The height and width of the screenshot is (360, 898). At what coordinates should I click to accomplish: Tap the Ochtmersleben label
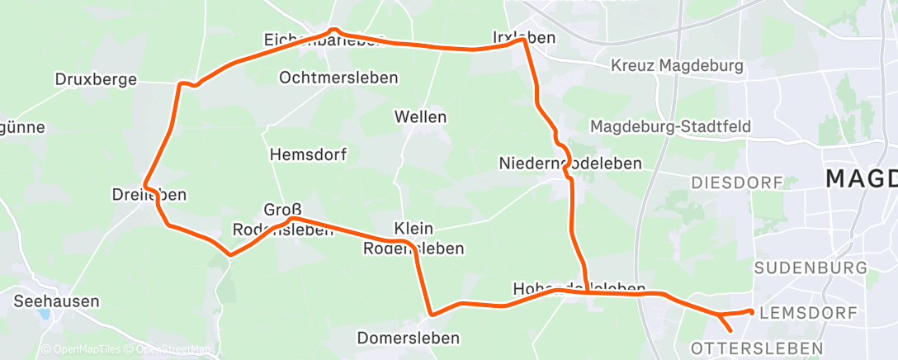[338, 78]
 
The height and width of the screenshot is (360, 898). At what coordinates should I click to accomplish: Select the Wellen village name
[420, 116]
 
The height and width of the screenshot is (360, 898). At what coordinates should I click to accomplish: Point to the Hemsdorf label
[309, 154]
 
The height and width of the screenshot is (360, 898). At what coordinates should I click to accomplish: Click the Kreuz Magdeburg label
[677, 65]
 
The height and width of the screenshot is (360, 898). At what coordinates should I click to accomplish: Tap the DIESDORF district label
[736, 182]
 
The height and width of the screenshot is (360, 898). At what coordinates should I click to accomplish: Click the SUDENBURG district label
[811, 268]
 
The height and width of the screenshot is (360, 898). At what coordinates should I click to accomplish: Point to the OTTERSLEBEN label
[757, 347]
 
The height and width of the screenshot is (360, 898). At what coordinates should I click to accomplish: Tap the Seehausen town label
[56, 301]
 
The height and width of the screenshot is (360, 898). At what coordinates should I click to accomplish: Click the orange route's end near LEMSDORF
[749, 311]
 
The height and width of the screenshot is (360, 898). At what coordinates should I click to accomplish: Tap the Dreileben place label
[149, 196]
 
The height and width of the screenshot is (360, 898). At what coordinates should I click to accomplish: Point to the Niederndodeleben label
[570, 163]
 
